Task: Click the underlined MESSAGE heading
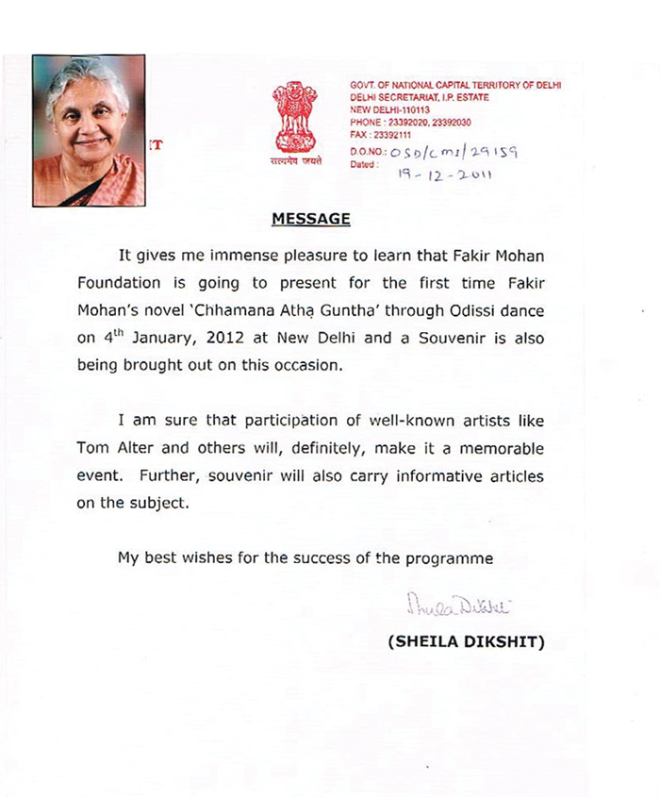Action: click(x=311, y=219)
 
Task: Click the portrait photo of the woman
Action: click(x=90, y=130)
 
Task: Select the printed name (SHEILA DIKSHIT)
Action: click(x=466, y=642)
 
